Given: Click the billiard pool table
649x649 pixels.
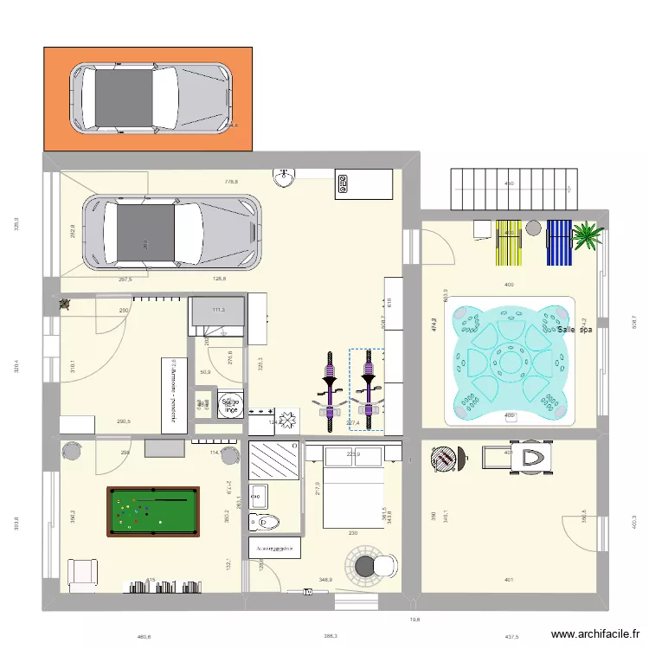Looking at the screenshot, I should click(x=151, y=511).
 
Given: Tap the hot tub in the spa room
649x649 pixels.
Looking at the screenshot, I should click(x=510, y=361).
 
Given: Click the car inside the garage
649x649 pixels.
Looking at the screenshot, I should click(x=171, y=232).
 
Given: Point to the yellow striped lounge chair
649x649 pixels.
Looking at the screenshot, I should click(x=508, y=242).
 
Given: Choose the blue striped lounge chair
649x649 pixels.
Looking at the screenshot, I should click(x=560, y=242).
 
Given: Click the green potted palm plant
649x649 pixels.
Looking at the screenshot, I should click(x=587, y=235).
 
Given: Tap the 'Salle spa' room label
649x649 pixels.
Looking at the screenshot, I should click(x=575, y=330).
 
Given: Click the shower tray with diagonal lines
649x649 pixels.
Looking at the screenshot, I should click(x=273, y=460).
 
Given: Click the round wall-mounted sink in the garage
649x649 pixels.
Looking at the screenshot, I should click(x=284, y=178).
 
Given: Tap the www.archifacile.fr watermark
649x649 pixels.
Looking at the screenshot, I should click(x=595, y=634).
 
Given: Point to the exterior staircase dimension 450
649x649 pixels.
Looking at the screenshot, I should click(x=509, y=183).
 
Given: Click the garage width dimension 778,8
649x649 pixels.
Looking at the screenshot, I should click(x=231, y=183).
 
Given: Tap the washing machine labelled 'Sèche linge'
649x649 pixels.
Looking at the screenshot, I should click(x=230, y=406).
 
